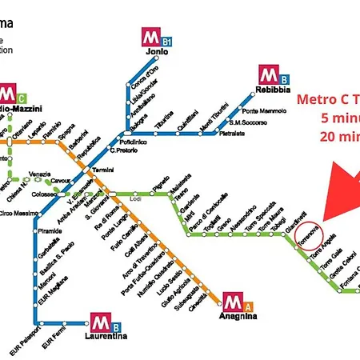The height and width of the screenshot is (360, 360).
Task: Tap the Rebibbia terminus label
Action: tap(274, 89)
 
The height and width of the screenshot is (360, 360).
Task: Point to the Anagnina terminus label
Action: tap(239, 316)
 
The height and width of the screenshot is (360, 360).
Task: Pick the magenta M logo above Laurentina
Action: tap(99, 322)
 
